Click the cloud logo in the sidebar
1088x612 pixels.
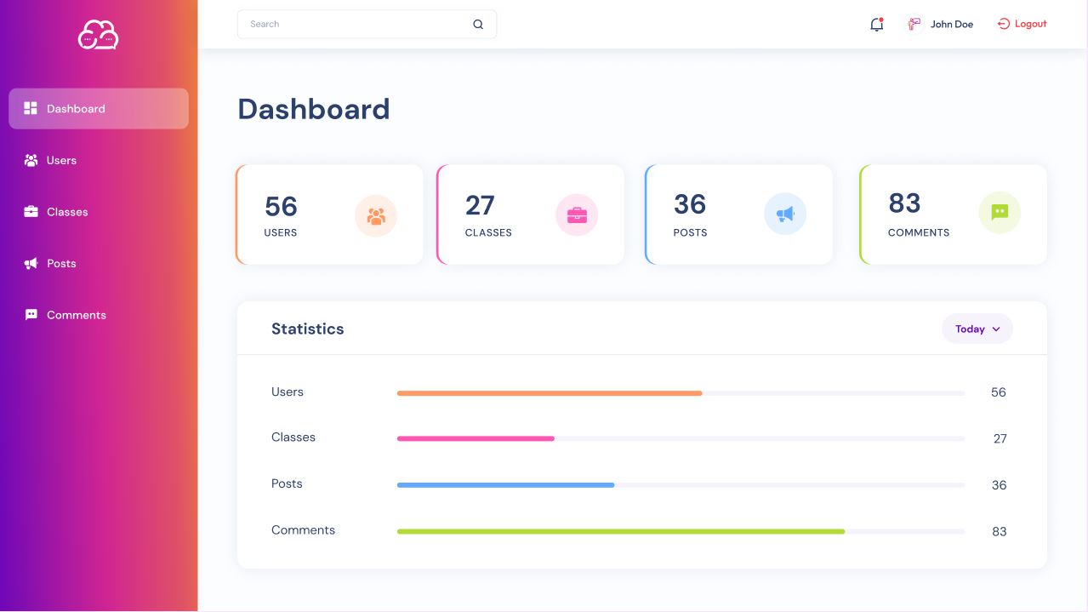click(98, 35)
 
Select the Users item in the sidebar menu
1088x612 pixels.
click(61, 160)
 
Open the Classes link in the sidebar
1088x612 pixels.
click(66, 212)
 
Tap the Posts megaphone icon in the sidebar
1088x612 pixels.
click(31, 264)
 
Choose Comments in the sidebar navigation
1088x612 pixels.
click(76, 315)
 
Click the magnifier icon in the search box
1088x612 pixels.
click(478, 25)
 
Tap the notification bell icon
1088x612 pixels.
click(876, 25)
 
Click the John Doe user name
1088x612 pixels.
click(951, 25)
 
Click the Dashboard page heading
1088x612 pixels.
click(313, 109)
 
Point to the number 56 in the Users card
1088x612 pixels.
click(281, 206)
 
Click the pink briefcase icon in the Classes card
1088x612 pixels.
click(577, 214)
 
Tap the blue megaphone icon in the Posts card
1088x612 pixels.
click(785, 214)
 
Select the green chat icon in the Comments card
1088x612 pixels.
click(1000, 213)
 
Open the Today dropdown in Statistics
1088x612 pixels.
click(977, 329)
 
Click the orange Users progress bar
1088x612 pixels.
click(550, 393)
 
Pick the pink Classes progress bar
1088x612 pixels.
click(476, 438)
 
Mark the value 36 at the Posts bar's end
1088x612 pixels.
click(999, 485)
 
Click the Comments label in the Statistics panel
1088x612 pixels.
click(303, 530)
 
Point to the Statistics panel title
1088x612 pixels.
click(307, 329)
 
